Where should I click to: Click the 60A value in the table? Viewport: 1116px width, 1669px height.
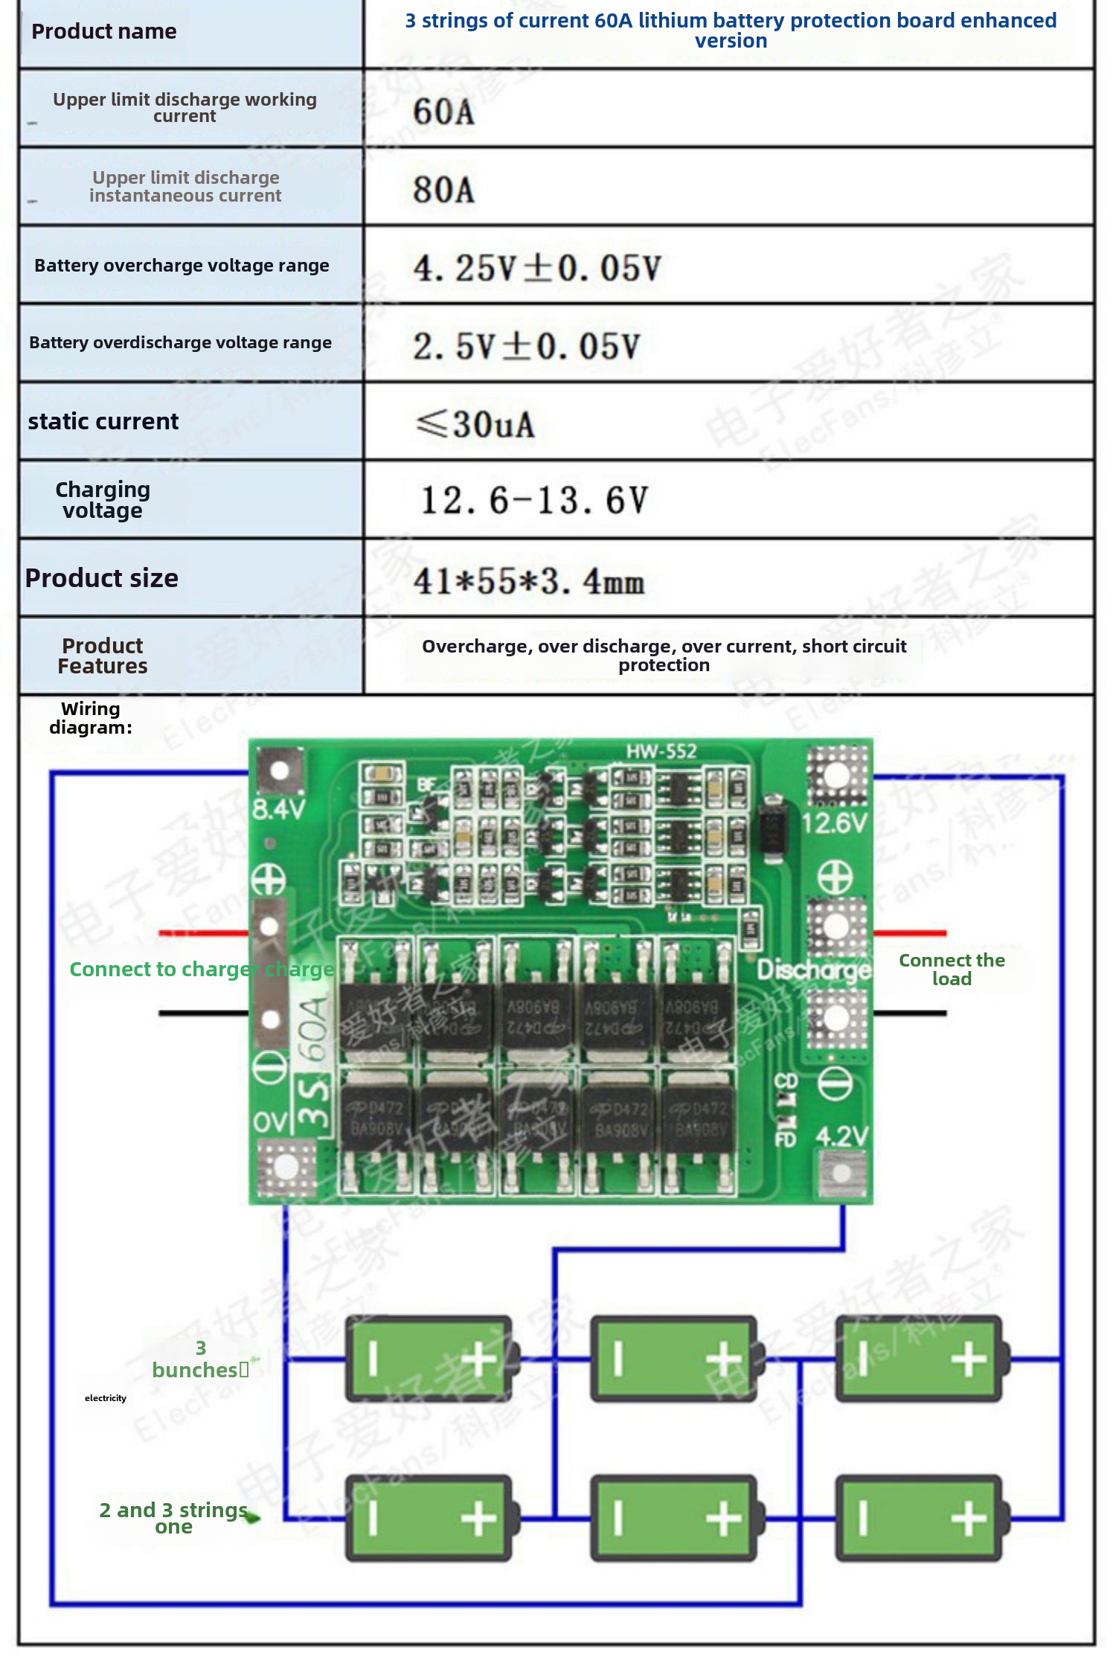click(443, 112)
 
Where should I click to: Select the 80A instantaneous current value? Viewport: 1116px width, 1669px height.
click(443, 190)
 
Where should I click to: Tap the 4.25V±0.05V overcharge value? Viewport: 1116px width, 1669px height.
click(536, 269)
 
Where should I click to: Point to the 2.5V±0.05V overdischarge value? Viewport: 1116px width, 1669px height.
click(526, 347)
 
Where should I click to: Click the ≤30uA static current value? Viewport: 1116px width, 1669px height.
click(475, 425)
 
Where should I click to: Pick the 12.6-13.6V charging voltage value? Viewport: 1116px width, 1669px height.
click(534, 500)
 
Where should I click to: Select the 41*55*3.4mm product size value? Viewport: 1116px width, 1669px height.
click(528, 581)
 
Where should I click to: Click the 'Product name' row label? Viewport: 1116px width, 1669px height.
click(104, 31)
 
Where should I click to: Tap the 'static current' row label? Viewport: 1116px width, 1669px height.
click(103, 421)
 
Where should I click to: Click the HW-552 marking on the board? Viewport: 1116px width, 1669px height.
click(661, 752)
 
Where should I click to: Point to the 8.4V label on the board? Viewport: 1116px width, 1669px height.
click(279, 809)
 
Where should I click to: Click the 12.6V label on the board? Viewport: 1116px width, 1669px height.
click(835, 823)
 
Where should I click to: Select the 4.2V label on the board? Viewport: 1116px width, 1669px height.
click(841, 1136)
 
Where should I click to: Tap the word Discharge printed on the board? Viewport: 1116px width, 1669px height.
click(814, 970)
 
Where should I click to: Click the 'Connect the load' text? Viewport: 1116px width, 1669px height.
click(952, 970)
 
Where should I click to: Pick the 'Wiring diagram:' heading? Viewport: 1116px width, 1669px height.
click(91, 718)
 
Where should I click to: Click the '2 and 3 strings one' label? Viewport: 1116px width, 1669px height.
click(173, 1518)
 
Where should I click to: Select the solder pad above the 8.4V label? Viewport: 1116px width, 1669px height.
click(279, 770)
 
